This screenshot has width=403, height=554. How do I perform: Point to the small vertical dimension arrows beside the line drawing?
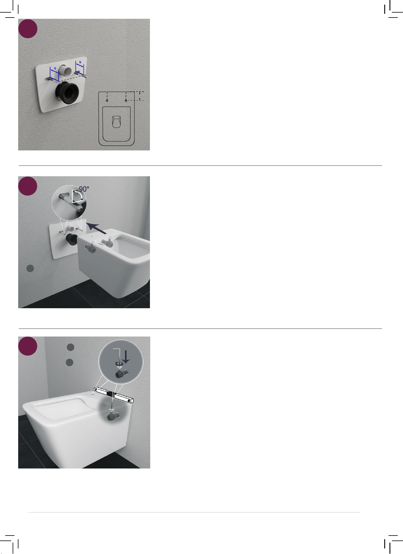[140, 96]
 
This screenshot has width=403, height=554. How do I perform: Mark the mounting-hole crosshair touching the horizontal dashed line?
[126, 100]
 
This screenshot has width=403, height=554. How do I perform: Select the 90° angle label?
[84, 189]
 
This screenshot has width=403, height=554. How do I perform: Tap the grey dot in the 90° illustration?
[30, 268]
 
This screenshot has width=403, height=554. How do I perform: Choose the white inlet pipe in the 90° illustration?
[71, 229]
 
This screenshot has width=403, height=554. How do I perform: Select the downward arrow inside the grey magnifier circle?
[126, 357]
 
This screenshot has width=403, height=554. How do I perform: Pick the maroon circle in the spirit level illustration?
[28, 346]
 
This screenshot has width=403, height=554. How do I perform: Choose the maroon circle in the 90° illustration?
[28, 186]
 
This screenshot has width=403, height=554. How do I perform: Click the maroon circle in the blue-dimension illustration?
[28, 29]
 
